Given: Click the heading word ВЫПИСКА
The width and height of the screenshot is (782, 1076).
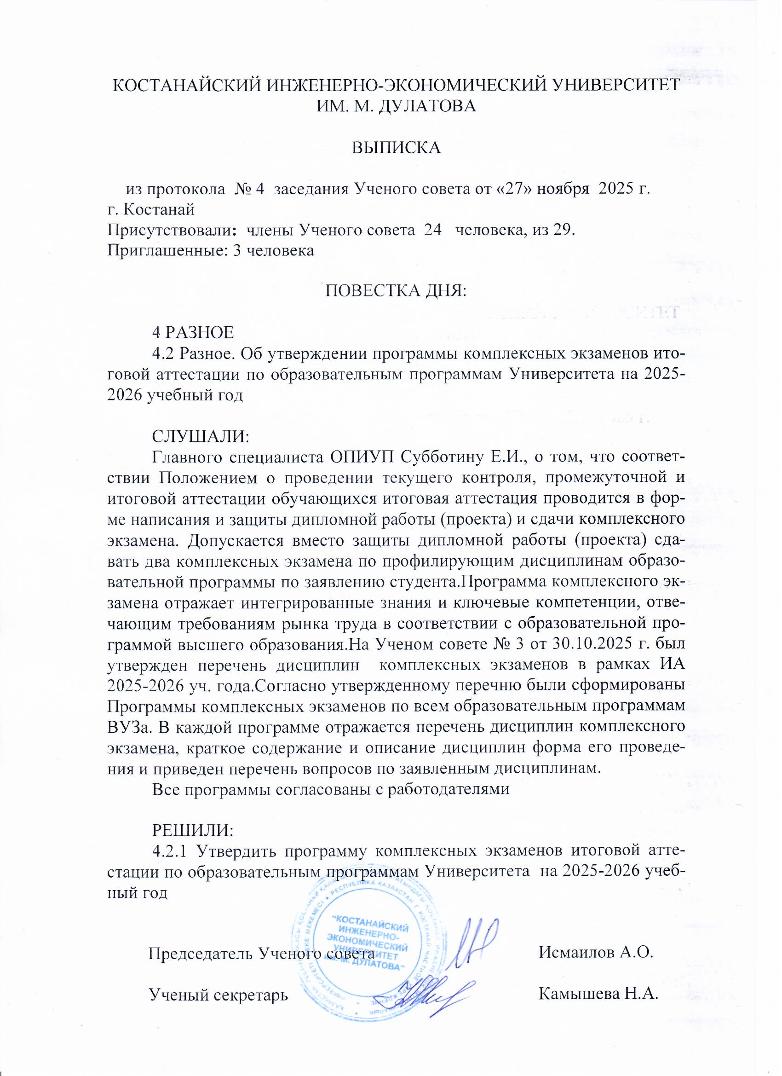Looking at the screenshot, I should click(396, 147).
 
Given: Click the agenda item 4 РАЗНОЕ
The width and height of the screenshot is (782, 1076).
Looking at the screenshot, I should click(192, 333).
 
